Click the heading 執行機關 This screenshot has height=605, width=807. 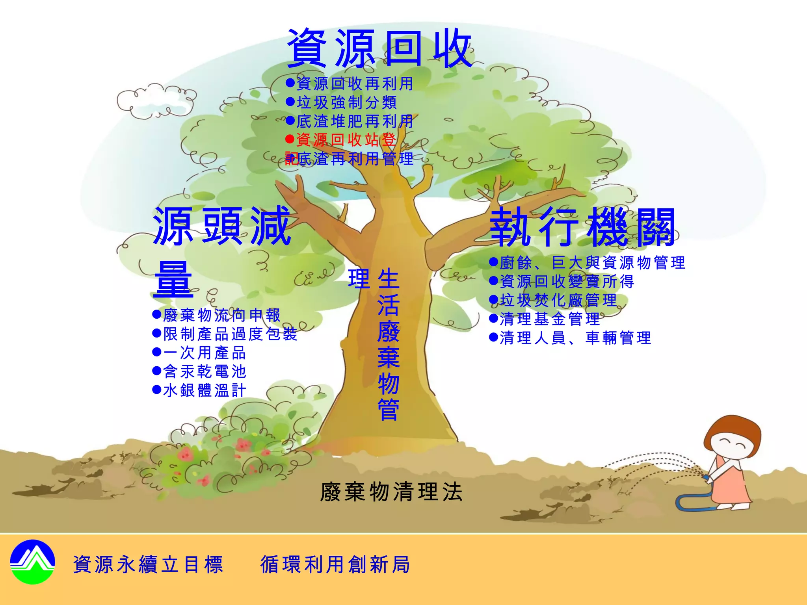582,228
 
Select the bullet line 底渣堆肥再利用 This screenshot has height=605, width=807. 350,121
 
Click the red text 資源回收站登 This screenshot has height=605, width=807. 341,140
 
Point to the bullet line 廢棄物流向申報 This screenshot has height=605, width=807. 217,315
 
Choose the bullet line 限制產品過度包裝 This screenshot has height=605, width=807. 225,334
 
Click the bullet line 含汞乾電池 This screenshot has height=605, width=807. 199,371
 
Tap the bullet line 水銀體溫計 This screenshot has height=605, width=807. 199,390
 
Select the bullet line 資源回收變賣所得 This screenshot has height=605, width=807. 562,281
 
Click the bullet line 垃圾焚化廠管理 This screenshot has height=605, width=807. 553,300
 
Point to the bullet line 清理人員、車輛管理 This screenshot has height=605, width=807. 570,338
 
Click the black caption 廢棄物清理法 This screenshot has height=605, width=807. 391,492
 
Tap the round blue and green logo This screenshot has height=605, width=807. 33,562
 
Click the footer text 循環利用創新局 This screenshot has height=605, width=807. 335,564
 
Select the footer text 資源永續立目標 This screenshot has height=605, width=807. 148,564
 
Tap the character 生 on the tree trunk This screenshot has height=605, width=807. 389,279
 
